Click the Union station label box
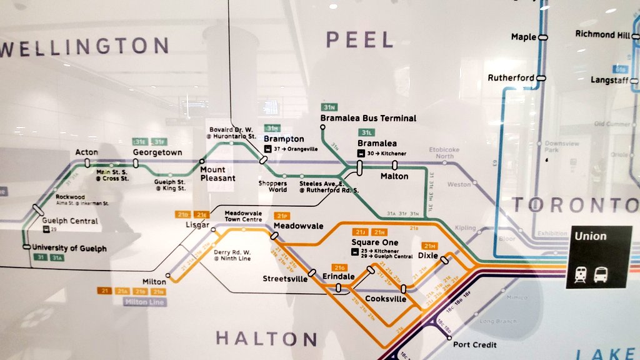click(598, 257)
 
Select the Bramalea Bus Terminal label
click(368, 118)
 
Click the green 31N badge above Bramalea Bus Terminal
click(329, 107)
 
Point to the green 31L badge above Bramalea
click(367, 133)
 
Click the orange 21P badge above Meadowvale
click(281, 216)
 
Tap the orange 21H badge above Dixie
click(429, 246)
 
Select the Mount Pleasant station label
click(217, 174)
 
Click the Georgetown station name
click(157, 152)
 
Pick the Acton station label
click(87, 152)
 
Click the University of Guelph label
click(69, 248)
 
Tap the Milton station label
click(154, 282)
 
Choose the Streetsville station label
click(285, 279)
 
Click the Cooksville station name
click(386, 299)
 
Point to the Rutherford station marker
click(541, 78)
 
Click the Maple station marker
click(543, 37)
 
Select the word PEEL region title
click(360, 41)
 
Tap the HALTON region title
click(267, 339)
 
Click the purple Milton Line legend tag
click(144, 302)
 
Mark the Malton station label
click(394, 176)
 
